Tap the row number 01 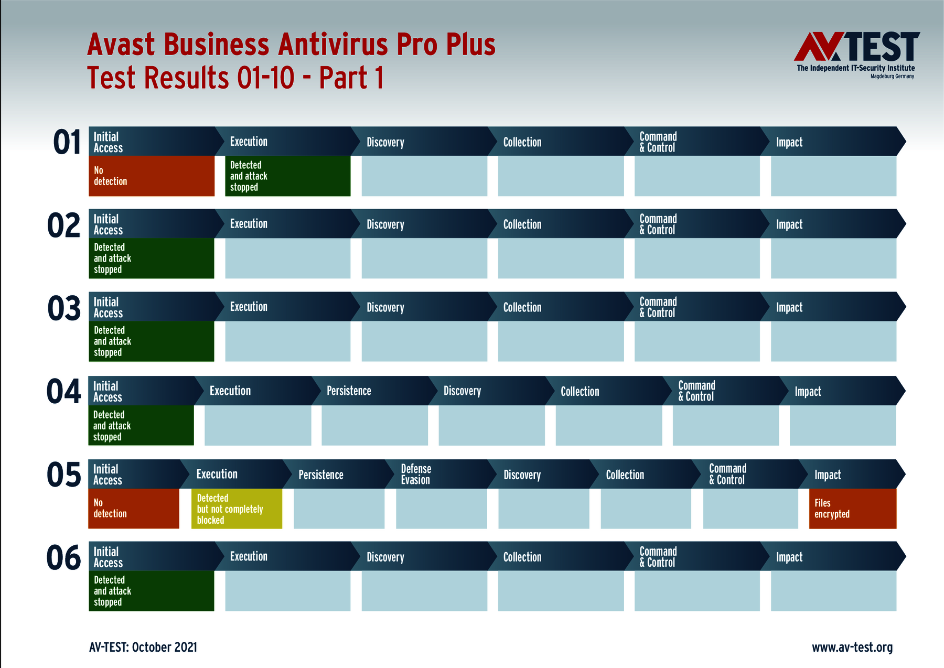[67, 143]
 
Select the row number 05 [64, 475]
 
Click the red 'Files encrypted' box [853, 509]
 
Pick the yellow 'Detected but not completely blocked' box [237, 509]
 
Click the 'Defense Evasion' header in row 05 [416, 474]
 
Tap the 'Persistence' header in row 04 [349, 391]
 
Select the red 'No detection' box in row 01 [152, 176]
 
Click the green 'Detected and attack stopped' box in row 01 [287, 176]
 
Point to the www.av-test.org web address [852, 648]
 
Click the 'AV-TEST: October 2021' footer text [143, 647]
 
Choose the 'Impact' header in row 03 [789, 307]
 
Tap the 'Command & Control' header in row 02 [658, 224]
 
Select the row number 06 [64, 557]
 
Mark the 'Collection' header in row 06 [522, 557]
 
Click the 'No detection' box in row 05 [134, 509]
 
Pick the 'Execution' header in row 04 [230, 391]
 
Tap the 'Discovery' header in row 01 [385, 142]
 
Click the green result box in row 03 [152, 341]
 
